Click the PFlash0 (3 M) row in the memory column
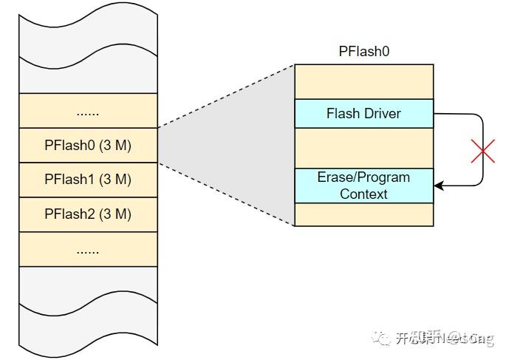[88, 145]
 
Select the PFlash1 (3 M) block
[88, 180]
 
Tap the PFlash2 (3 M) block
[88, 214]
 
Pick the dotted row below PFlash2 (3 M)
[88, 249]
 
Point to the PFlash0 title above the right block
[363, 52]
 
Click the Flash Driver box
[363, 114]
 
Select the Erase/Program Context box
[363, 186]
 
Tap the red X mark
[482, 152]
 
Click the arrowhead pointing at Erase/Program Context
[439, 186]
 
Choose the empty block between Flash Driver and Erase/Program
[363, 148]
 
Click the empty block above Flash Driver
[363, 81]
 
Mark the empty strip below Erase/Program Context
[363, 214]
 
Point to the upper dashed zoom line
[225, 96]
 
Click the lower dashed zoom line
[225, 194]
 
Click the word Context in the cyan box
[363, 194]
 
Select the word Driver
[382, 114]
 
